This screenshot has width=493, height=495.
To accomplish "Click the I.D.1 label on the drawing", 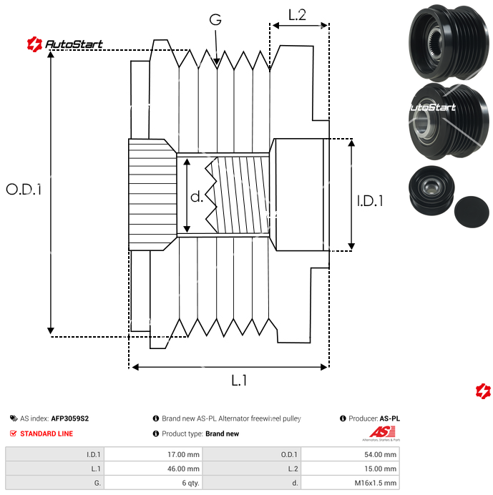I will point(369,201).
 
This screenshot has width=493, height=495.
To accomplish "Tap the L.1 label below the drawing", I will point(239,381).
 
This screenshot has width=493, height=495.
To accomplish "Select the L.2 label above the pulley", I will point(297,14).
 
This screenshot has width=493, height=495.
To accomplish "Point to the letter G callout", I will point(215,20).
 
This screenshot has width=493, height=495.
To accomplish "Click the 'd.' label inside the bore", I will point(197,196).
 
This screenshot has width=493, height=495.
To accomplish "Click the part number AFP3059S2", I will point(69,418).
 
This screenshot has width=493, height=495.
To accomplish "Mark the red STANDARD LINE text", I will point(47,433).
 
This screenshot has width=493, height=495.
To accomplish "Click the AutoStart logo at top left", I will point(65,44).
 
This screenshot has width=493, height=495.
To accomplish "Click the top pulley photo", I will point(440,38).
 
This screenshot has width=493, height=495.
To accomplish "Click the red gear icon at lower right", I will point(483,391).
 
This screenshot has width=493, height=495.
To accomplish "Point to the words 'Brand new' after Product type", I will point(222,433).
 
